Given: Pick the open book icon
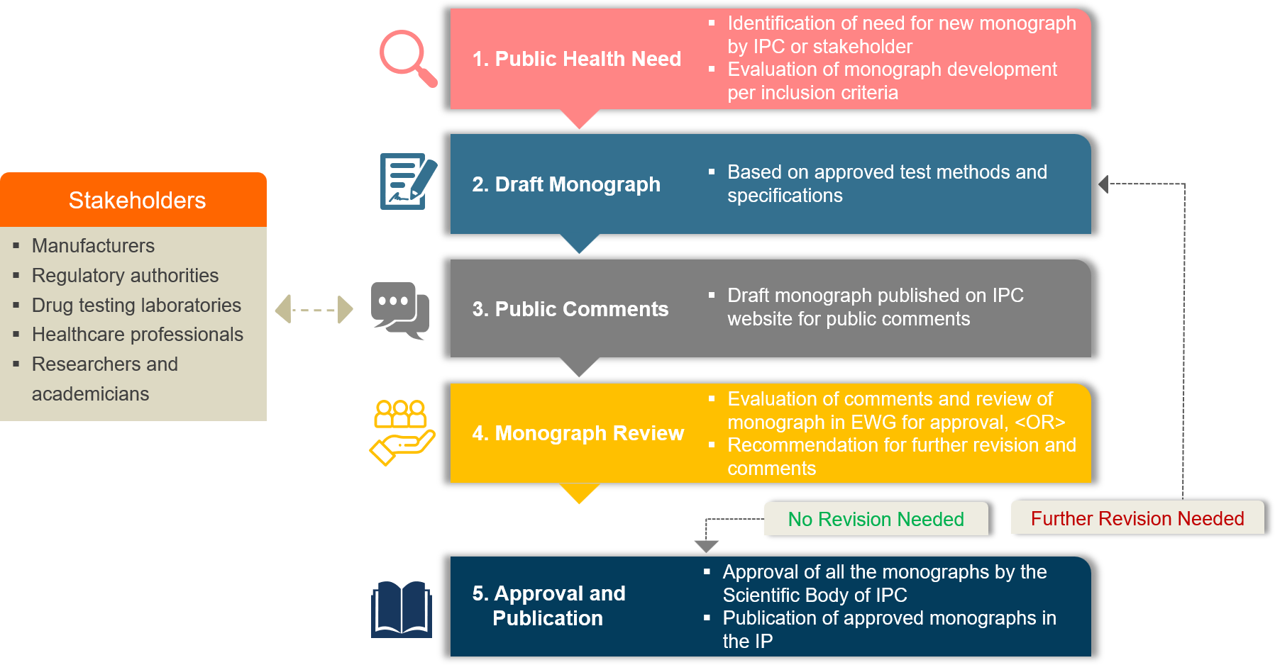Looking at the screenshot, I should click(x=402, y=609).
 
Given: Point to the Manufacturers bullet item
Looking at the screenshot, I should click(x=93, y=246).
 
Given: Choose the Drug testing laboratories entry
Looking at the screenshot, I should click(x=136, y=306).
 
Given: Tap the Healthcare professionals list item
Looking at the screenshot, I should click(x=137, y=335).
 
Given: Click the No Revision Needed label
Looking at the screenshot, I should click(x=876, y=519).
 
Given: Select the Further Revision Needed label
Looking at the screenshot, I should click(x=1137, y=518).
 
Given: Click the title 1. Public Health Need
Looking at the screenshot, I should click(x=576, y=59).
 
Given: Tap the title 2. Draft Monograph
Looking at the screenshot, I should click(x=566, y=184).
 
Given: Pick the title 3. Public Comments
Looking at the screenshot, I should click(x=570, y=309).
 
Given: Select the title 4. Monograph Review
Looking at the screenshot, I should click(x=578, y=433).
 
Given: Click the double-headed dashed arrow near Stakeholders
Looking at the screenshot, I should click(x=314, y=310).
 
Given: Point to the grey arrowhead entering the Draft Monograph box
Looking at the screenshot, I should click(x=1103, y=184).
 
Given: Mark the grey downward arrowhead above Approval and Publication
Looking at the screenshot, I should click(x=706, y=546).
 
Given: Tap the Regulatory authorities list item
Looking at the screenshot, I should click(x=125, y=276).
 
